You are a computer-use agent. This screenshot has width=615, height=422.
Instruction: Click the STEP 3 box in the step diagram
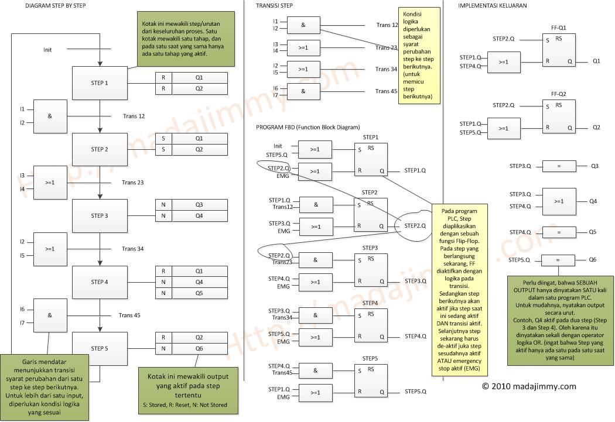[100, 215]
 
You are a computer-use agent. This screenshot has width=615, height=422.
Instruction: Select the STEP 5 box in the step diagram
[100, 348]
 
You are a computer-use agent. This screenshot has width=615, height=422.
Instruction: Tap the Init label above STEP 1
[47, 50]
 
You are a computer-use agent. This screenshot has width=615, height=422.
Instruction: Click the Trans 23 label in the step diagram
[133, 183]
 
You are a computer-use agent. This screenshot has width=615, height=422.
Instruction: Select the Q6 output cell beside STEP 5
[199, 348]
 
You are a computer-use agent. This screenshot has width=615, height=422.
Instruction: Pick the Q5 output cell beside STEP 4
[199, 293]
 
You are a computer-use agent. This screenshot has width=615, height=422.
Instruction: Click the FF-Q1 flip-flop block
[558, 50]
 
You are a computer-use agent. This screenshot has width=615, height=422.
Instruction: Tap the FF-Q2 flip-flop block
[558, 116]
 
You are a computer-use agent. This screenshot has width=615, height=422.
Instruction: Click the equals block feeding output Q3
[558, 166]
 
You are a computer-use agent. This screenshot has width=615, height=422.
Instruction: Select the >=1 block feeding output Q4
[558, 201]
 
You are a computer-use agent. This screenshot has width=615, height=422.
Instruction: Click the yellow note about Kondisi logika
[419, 56]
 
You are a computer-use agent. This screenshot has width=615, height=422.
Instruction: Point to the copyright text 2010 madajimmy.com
[529, 386]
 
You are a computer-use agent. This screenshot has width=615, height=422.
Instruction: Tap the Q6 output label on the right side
[593, 259]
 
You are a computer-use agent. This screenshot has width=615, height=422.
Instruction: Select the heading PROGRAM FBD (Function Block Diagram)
[307, 127]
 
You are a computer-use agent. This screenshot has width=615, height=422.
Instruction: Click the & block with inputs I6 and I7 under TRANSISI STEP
[303, 91]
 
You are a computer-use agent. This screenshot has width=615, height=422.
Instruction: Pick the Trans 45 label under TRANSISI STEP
[387, 91]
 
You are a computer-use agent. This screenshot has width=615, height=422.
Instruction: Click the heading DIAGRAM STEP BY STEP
[56, 5]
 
